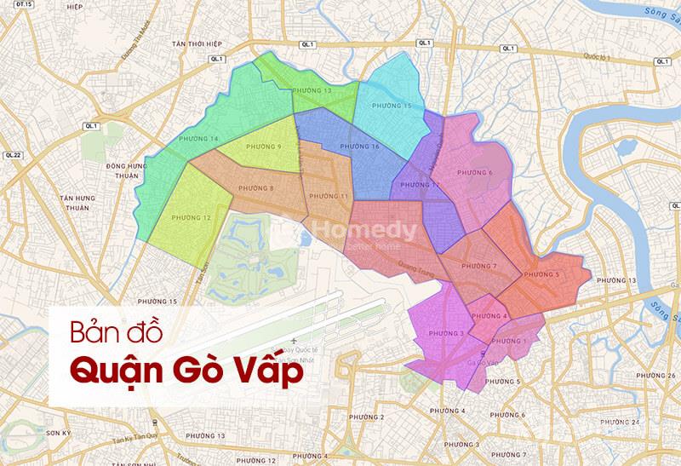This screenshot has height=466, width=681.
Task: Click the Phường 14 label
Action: coord(199,139)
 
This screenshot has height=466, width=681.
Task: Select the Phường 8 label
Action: coord(256,188)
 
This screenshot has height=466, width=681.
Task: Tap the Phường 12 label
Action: coord(191,218)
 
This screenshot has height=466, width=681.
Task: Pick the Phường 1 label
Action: coord(510,342)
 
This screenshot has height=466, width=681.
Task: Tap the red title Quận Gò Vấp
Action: coord(186,371)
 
